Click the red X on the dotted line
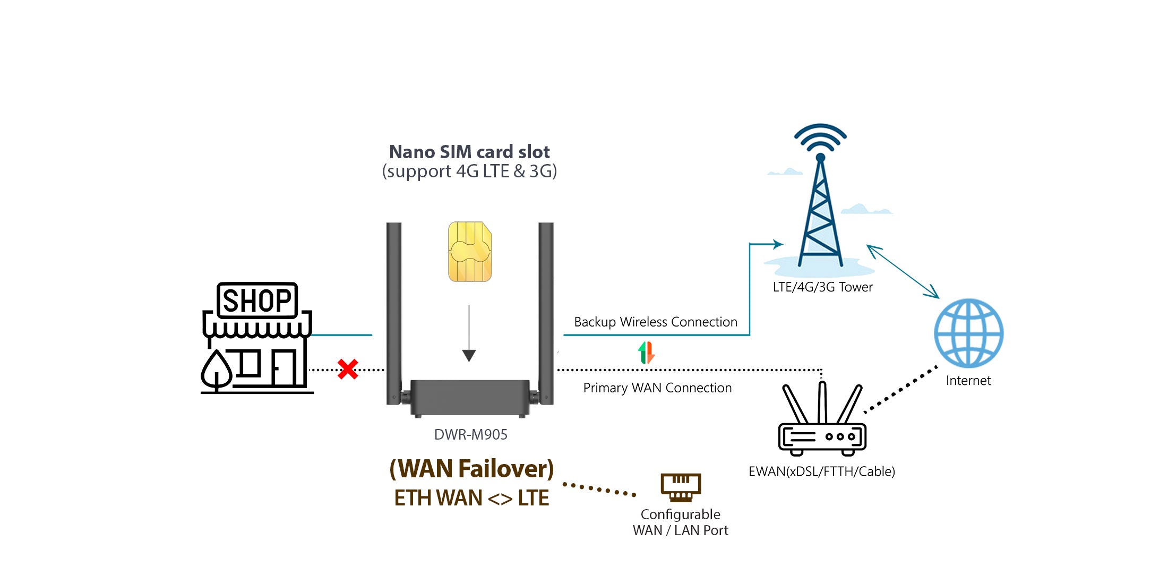348,369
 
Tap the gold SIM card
470,252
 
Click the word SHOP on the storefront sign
257,300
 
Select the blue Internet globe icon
969,333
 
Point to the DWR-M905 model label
471,434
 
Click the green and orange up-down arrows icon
646,353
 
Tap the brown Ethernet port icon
681,487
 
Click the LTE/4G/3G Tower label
822,287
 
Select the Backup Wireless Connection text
656,322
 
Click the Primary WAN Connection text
657,388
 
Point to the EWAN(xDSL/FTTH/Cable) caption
822,471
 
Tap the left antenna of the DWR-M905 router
393,313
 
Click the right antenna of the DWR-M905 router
546,313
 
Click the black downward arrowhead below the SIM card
469,355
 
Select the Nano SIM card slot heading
469,152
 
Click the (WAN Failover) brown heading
471,469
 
